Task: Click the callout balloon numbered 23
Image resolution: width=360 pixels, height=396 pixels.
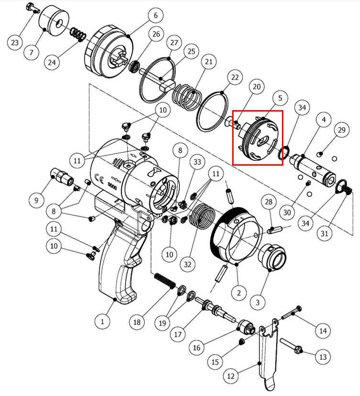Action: [15, 43]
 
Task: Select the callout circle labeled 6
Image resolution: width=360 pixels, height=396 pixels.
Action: [156, 15]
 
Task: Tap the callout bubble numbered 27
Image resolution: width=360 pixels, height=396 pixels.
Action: [174, 43]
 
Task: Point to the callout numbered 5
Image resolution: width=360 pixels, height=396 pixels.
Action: [280, 98]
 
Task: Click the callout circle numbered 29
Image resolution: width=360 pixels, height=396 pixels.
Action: [341, 130]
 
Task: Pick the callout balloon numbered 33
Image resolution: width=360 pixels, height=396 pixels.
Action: [197, 162]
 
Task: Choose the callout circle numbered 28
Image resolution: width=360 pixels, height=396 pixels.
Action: [269, 202]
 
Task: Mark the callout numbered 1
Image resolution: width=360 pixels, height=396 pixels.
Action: [102, 321]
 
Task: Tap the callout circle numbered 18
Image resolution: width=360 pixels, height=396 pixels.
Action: [137, 322]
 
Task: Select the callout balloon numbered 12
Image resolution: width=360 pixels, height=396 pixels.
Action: [231, 376]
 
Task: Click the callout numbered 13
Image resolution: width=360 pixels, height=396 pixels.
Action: [323, 357]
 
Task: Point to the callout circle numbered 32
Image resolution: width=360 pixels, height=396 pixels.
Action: [188, 264]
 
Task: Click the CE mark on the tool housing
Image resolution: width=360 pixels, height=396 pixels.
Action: [99, 178]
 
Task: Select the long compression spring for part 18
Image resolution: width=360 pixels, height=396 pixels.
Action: [165, 281]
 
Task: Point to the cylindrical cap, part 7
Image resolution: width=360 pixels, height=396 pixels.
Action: [54, 22]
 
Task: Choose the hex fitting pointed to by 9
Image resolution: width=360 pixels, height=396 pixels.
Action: [62, 176]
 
